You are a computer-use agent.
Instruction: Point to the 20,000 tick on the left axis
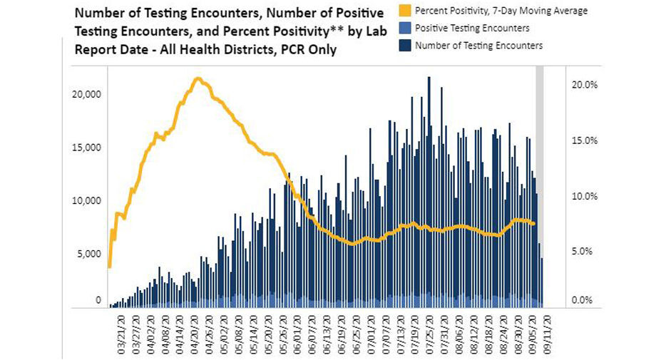(x=88, y=94)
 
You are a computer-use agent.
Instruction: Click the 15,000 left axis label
(x=88, y=148)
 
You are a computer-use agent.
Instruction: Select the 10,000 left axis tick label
(x=88, y=200)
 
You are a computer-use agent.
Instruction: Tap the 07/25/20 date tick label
(x=428, y=334)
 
